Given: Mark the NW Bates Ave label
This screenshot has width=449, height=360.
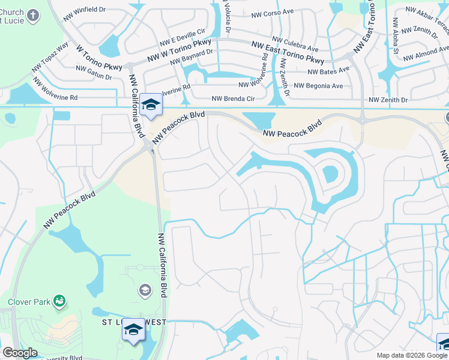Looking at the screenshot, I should [328, 70].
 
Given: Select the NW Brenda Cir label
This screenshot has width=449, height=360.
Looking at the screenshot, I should [234, 99].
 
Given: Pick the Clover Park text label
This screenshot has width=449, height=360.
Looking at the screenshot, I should [29, 302].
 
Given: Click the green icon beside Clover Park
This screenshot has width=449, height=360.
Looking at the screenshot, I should [59, 300].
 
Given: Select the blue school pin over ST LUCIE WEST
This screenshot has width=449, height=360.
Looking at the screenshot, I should [133, 329].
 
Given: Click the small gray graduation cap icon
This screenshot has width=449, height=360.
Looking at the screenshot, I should [144, 291].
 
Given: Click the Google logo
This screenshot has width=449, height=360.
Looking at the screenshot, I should [20, 353].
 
